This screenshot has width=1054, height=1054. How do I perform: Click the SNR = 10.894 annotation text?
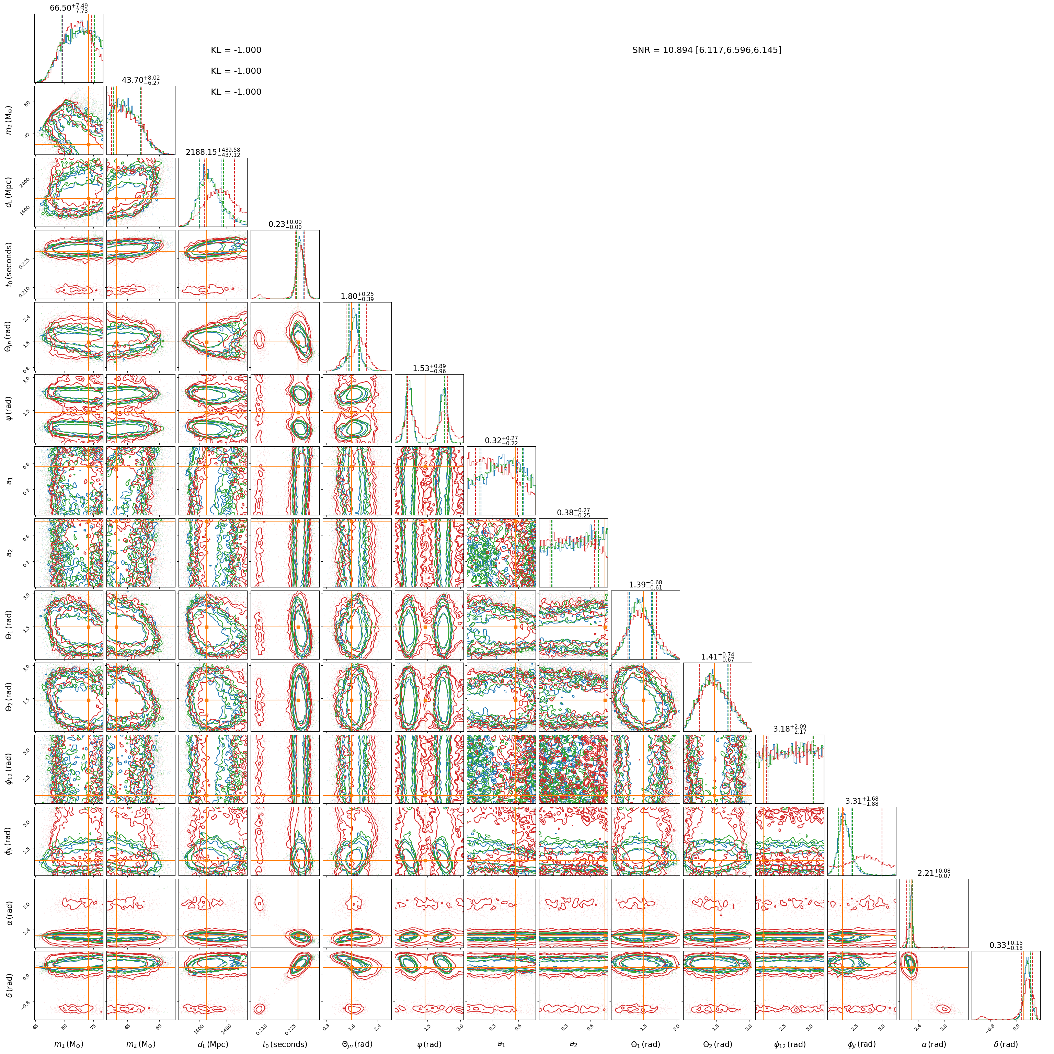707,50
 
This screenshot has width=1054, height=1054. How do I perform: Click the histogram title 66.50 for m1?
69,8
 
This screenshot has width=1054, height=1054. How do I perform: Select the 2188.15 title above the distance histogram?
213,152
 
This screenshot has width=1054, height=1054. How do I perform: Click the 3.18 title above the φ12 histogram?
789,729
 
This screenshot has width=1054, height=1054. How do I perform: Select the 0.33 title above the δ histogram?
1006,945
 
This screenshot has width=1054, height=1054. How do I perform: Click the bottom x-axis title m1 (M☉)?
68,1044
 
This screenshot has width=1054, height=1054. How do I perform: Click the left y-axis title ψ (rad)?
9,409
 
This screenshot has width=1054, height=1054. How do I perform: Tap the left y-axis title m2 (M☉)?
9,121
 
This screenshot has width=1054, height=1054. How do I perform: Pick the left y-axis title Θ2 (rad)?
9,697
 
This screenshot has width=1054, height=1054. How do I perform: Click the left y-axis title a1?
9,481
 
